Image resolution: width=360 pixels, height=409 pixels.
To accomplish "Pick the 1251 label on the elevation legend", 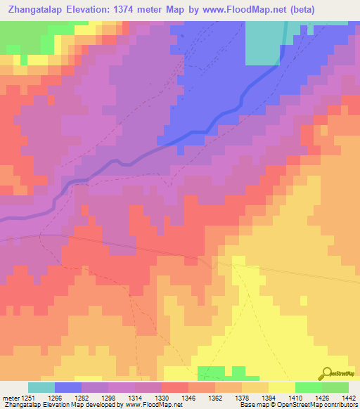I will (x=28, y=397).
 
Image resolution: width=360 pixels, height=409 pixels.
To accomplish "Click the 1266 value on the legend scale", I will (x=53, y=397).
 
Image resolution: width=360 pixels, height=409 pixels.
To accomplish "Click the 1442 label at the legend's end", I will (x=347, y=397).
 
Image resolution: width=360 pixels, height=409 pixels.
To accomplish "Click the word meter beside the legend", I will (x=10, y=397).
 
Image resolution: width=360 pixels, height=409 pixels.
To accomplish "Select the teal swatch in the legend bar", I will (x=41, y=387).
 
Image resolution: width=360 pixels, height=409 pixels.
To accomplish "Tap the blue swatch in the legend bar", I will (x=68, y=387).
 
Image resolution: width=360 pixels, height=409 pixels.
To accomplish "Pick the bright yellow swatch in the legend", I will (x=281, y=387).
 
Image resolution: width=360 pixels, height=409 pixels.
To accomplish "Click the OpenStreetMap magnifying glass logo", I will (x=326, y=373).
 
